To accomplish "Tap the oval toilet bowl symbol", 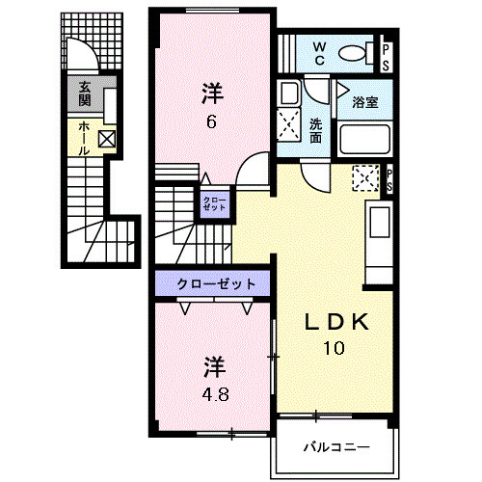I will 356,54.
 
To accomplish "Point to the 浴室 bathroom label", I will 364,102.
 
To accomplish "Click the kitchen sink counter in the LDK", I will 377,235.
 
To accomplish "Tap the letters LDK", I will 333,322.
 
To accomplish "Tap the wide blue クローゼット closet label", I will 215,283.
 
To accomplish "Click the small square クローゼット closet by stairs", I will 214,203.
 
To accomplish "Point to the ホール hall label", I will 85,137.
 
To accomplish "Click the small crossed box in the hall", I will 106,140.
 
